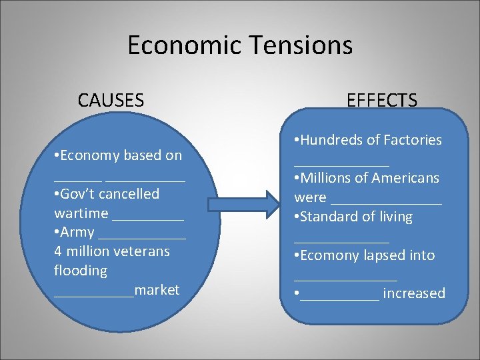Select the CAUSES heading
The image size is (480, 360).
click(111, 101)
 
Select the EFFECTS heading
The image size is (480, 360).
click(382, 101)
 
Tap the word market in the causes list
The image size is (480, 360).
click(157, 290)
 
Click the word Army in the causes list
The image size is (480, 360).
click(77, 232)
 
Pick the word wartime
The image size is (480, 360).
click(81, 213)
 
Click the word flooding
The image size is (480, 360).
click(80, 271)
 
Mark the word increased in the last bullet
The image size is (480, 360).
click(414, 293)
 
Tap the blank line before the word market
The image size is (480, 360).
click(94, 293)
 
